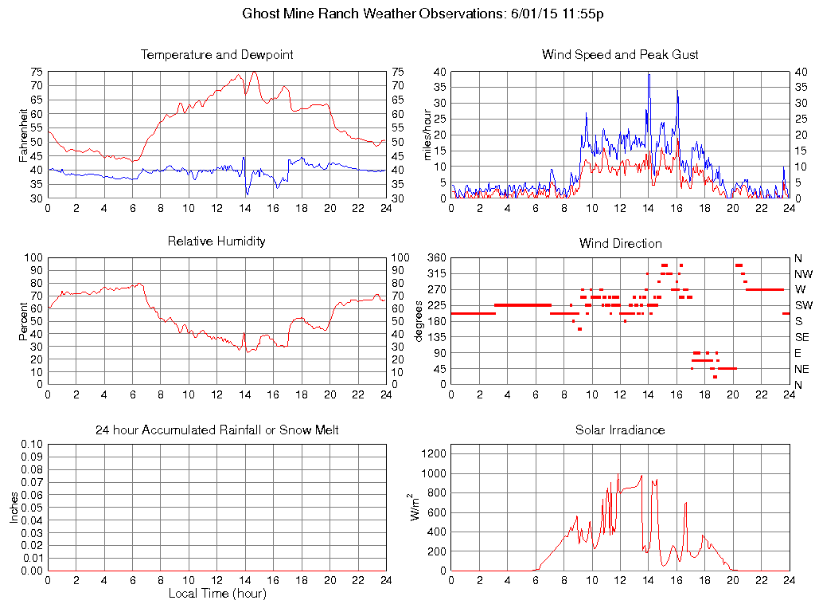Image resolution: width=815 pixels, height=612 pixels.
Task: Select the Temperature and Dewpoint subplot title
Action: (216, 55)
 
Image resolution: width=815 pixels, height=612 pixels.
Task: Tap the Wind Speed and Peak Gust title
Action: (620, 55)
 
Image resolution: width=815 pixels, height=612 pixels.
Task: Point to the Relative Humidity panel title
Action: (216, 241)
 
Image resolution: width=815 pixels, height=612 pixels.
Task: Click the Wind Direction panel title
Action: (620, 243)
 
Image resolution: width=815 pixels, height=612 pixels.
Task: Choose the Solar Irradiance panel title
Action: (620, 430)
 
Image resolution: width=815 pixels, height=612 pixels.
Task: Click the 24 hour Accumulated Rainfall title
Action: (216, 430)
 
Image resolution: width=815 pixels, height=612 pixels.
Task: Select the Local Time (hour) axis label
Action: (216, 594)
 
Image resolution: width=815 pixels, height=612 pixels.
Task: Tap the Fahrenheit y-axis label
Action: (23, 135)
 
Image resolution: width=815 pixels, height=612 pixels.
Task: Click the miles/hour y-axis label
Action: (427, 135)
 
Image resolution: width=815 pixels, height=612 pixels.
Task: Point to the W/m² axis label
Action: (415, 507)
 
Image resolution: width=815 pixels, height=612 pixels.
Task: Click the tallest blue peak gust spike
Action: (649, 74)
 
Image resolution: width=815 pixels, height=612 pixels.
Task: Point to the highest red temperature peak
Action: (254, 72)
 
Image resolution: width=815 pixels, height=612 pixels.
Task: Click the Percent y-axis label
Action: (23, 320)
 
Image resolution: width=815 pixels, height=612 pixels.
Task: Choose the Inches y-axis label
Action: (14, 507)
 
